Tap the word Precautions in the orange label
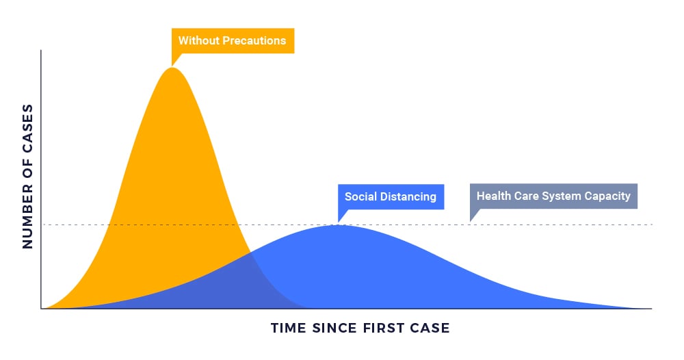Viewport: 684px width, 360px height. [254, 40]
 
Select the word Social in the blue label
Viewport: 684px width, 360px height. [360, 197]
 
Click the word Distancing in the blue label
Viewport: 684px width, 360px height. [408, 197]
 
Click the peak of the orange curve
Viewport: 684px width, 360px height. [173, 68]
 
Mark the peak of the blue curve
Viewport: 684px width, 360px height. [337, 225]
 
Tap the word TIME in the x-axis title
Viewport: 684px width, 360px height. [289, 328]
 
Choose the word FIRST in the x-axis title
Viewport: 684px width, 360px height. [383, 328]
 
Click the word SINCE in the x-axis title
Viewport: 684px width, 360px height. [334, 328]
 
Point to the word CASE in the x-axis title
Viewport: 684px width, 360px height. [430, 328]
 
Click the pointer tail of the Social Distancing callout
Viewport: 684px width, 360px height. [339, 222]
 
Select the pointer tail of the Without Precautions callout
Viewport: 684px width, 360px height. [172, 66]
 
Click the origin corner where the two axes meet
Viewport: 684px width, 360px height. [41, 309]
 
